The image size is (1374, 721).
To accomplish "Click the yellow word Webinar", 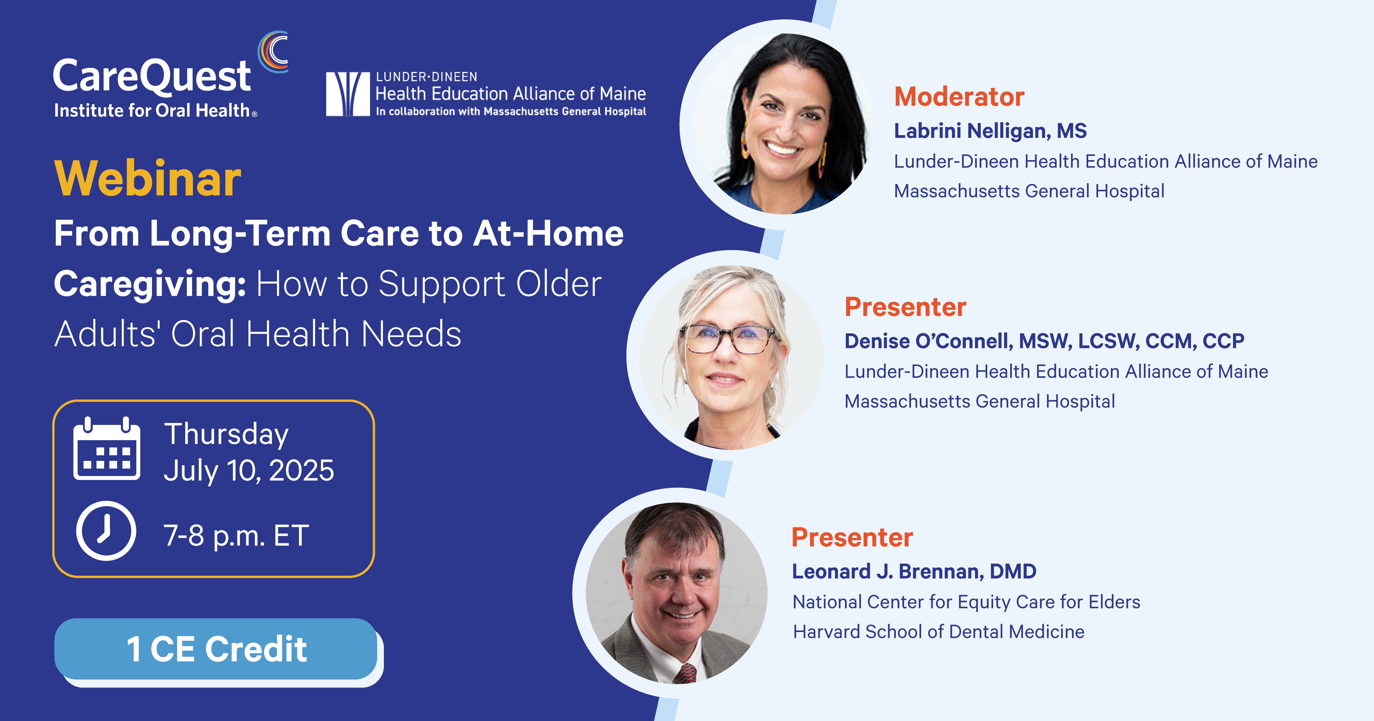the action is tap(148, 179).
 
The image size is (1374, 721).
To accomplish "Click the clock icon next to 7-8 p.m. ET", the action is tap(106, 531).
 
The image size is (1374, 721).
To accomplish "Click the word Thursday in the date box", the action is tap(226, 434).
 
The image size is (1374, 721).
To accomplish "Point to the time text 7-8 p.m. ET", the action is tap(236, 535).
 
